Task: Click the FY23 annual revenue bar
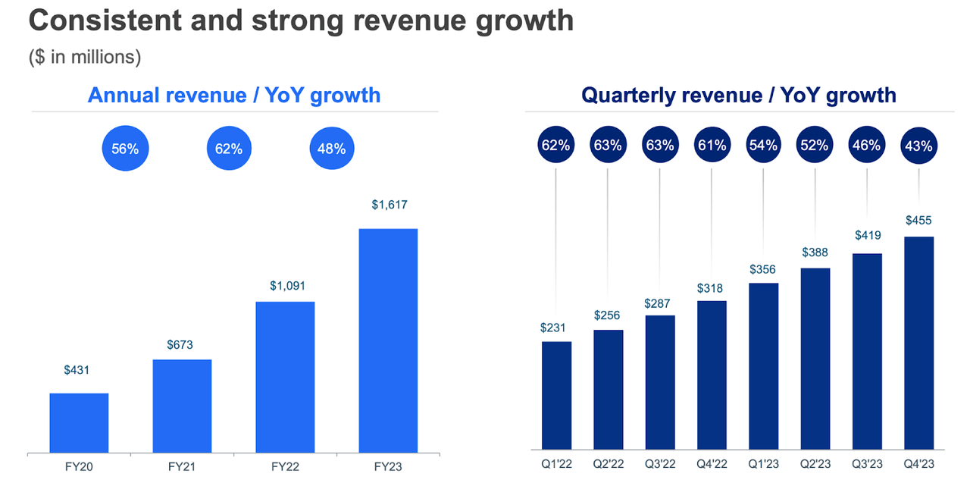[387, 340]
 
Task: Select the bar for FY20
[79, 423]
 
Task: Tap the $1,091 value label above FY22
[285, 286]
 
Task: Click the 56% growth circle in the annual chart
[125, 149]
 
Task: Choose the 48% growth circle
[332, 149]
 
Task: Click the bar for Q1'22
[557, 395]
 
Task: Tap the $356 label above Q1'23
[763, 268]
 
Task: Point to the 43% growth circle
[918, 146]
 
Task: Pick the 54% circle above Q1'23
[763, 146]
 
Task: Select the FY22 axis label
[285, 467]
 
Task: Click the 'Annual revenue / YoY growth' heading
[234, 95]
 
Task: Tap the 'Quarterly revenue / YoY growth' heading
[738, 95]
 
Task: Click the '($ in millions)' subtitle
[85, 58]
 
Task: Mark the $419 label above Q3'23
[867, 237]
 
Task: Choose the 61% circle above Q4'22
[712, 146]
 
